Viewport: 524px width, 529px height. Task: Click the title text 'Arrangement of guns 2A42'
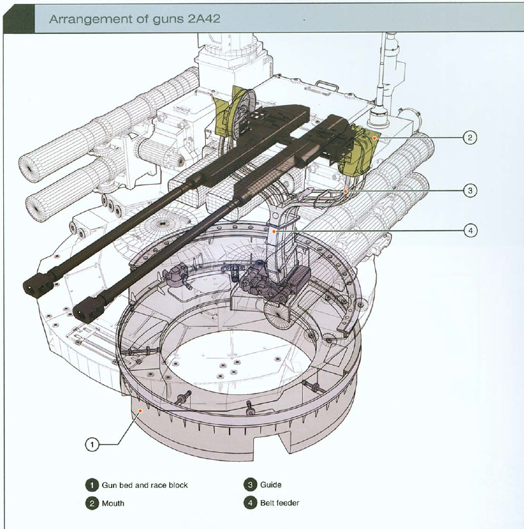pos(135,19)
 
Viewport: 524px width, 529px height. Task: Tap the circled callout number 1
pos(92,444)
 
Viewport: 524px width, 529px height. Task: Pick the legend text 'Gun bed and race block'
pos(144,485)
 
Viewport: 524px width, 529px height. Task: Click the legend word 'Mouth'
pos(113,503)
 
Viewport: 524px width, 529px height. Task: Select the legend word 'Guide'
pos(271,485)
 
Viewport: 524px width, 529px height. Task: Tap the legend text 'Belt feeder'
pos(280,503)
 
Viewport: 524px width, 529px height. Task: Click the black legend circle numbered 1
pos(92,485)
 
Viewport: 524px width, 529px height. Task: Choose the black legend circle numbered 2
pos(92,503)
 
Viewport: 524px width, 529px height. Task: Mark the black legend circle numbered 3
pos(249,485)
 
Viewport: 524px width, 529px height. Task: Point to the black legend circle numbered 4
pos(249,503)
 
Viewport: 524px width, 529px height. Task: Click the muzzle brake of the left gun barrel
pos(38,284)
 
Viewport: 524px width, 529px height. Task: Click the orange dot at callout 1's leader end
pos(139,408)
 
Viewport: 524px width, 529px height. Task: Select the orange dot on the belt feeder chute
pos(275,230)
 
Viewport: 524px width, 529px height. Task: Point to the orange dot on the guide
pos(344,190)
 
